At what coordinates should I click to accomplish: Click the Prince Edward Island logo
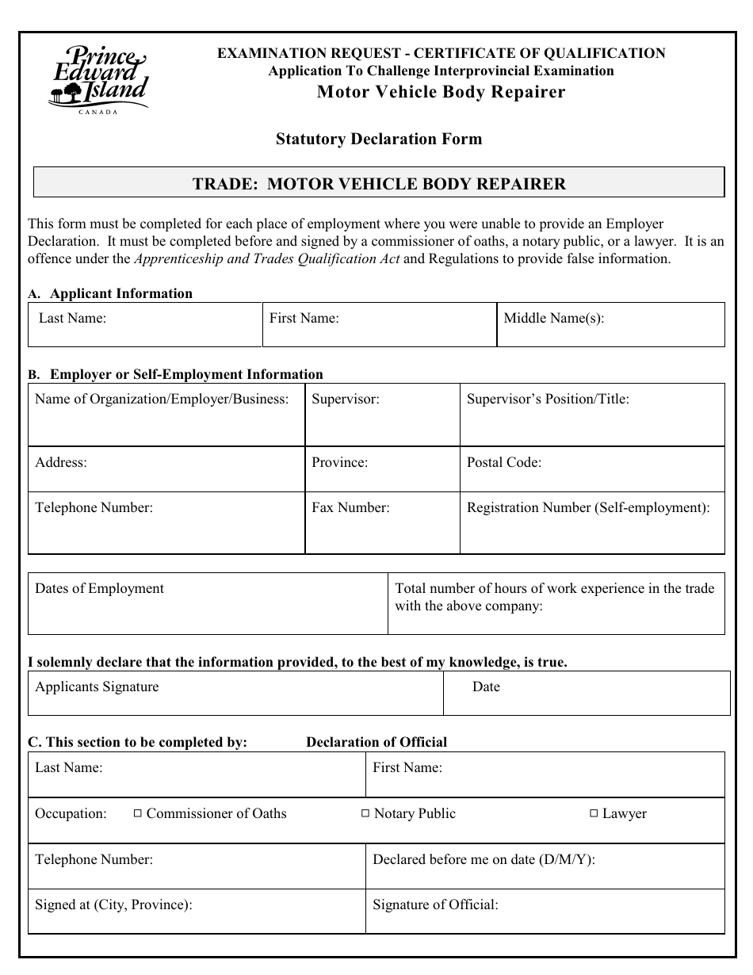[x=98, y=80]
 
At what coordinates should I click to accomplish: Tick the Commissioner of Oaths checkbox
[x=137, y=813]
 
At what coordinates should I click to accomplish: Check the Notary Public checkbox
[x=365, y=813]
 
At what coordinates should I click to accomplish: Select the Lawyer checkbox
[x=594, y=813]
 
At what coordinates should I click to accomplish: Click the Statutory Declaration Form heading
[x=378, y=140]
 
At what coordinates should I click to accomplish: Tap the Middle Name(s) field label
[x=553, y=319]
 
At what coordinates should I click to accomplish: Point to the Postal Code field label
[x=503, y=463]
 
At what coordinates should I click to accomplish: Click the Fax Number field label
[x=350, y=508]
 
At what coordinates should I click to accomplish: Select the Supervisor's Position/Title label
[x=548, y=400]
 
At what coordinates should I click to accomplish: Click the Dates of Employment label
[x=99, y=589]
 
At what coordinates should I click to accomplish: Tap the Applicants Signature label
[x=97, y=687]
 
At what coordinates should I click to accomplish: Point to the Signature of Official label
[x=435, y=904]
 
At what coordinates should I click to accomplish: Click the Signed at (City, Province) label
[x=113, y=904]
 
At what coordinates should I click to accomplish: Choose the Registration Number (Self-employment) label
[x=588, y=508]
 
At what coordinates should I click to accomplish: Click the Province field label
[x=339, y=463]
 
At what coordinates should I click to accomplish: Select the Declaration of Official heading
[x=376, y=743]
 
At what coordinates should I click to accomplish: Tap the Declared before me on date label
[x=484, y=859]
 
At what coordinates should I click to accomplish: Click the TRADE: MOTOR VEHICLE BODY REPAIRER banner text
[x=379, y=185]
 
